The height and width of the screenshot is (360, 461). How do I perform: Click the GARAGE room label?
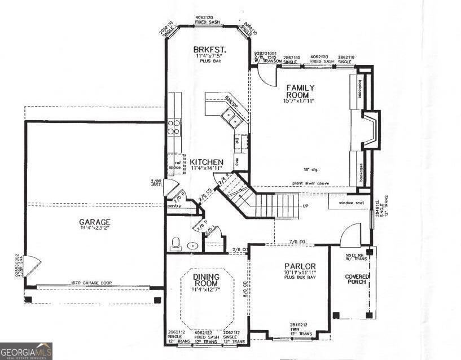(94, 222)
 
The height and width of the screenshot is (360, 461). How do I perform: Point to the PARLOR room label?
(300, 266)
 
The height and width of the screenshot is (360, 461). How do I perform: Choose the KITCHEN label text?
(206, 162)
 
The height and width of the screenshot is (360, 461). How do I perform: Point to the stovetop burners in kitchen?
(174, 127)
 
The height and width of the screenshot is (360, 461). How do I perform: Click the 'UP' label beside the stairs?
(306, 207)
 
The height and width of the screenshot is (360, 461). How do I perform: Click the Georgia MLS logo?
(26, 351)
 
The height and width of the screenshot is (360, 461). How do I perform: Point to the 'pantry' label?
(174, 206)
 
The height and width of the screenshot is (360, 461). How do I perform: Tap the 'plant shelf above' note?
(313, 183)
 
